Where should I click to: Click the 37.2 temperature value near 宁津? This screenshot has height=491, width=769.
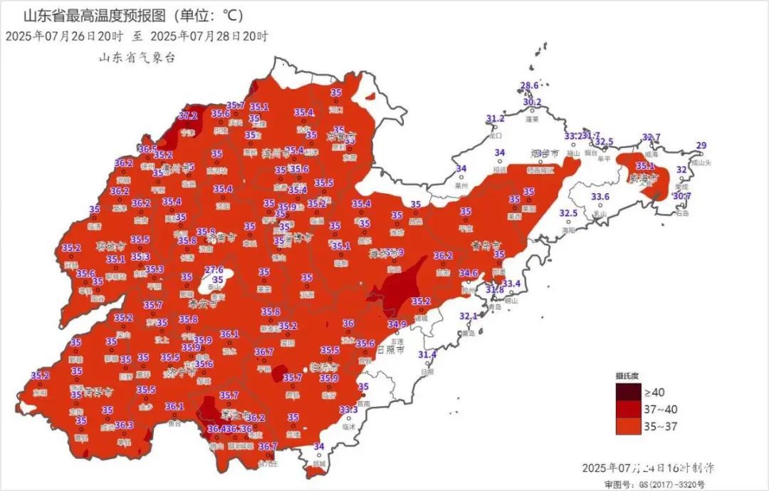pos(188,115)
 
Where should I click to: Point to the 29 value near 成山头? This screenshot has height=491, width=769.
pos(701,146)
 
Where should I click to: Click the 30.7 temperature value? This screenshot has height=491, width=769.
pos(682,196)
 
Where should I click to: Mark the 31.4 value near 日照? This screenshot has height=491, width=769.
pos(427,355)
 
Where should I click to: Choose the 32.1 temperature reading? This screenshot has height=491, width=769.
pos(468,316)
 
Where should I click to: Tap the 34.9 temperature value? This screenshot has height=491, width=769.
pos(397,324)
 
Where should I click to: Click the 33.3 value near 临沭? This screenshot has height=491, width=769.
pos(349,410)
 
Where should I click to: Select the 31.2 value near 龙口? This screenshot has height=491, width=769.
pos(496,118)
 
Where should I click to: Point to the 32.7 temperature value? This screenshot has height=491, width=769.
pos(652,138)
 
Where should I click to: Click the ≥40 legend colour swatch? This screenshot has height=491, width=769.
pos(628,392)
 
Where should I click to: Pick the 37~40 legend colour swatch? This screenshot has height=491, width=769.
pos(628,409)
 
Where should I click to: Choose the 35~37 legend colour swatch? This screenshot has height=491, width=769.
pos(628,425)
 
